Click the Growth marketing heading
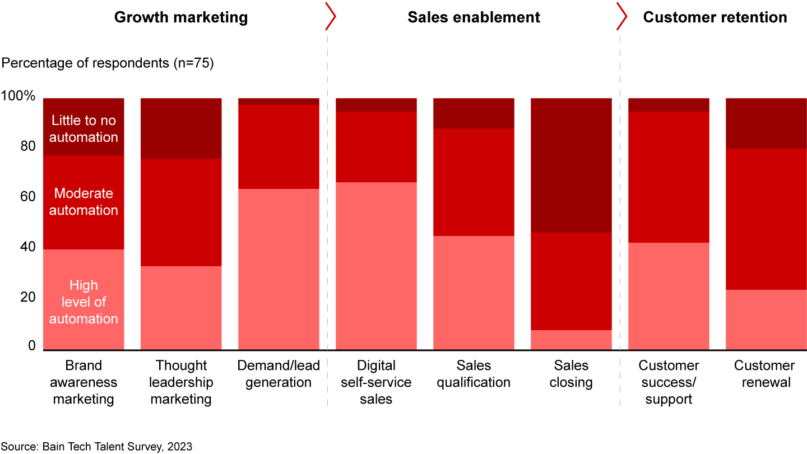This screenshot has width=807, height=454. click(180, 17)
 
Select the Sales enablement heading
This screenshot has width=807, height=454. click(474, 17)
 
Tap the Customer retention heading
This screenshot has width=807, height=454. click(715, 17)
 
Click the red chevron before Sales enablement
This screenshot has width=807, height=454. click(331, 18)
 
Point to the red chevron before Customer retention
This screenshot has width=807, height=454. click(622, 18)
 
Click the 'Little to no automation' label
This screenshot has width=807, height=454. click(84, 128)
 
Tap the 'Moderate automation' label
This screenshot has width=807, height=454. click(84, 202)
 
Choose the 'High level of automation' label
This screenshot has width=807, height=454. click(84, 302)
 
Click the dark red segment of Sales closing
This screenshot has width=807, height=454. click(571, 165)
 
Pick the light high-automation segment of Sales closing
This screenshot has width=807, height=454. click(571, 340)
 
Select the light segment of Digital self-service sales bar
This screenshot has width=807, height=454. click(376, 266)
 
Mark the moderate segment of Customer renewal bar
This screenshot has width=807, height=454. click(766, 219)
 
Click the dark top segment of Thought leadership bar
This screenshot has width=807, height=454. click(181, 128)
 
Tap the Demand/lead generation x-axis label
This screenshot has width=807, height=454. click(279, 374)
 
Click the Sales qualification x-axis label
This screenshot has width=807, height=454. click(474, 374)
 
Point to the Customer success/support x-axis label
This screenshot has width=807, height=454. click(669, 382)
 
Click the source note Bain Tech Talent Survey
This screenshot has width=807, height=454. click(96, 446)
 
